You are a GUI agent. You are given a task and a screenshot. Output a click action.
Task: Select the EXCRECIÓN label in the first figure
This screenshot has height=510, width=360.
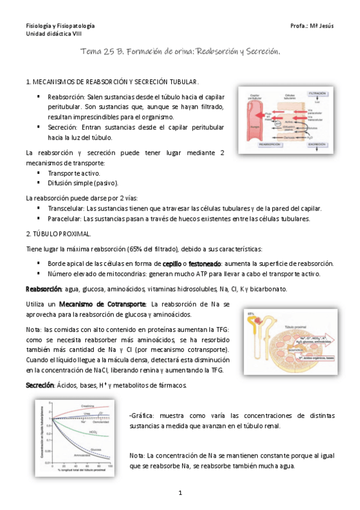(x=317, y=145)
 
